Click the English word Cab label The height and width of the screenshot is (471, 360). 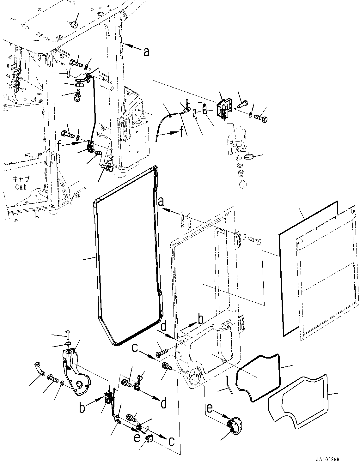pos(21,187)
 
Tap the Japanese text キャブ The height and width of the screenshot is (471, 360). pos(21,179)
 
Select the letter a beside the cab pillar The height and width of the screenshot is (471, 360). pos(146,52)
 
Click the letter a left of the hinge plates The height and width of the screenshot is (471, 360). pos(161,201)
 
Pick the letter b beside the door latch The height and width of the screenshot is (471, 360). pos(82,408)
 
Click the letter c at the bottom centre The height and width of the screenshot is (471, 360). pos(171,441)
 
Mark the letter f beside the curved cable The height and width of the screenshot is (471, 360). pos(182,132)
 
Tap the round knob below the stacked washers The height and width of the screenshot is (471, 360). pos(243,184)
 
